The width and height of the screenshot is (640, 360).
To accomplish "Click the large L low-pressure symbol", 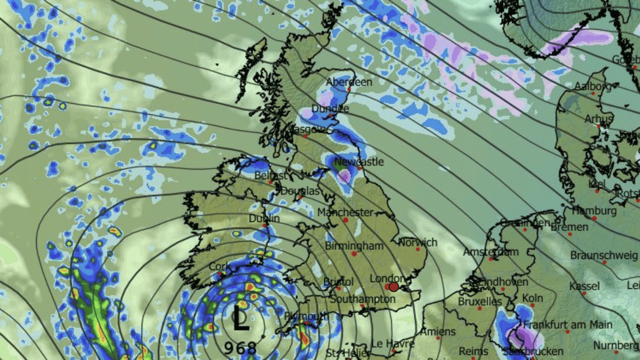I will click(241, 319).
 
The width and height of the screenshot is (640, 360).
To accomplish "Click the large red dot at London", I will click(394, 286).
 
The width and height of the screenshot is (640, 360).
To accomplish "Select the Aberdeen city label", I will click(350, 82).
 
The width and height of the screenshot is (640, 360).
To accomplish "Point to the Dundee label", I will click(331, 109).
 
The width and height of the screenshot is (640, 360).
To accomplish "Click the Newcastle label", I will click(359, 162).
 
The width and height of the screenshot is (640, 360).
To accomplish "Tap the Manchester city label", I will click(345, 212).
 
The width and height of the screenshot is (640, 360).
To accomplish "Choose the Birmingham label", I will click(354, 246).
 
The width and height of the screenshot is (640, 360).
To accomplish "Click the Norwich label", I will click(418, 242).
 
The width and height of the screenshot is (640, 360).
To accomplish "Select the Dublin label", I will click(264, 219).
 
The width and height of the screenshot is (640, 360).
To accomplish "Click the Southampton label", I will click(362, 299).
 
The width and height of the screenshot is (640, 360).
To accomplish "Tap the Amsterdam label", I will click(491, 252).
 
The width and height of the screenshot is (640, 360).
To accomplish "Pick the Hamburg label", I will click(594, 211).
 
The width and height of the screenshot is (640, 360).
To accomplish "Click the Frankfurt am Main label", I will click(568, 325).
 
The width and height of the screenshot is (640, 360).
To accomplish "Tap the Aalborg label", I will click(593, 86).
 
